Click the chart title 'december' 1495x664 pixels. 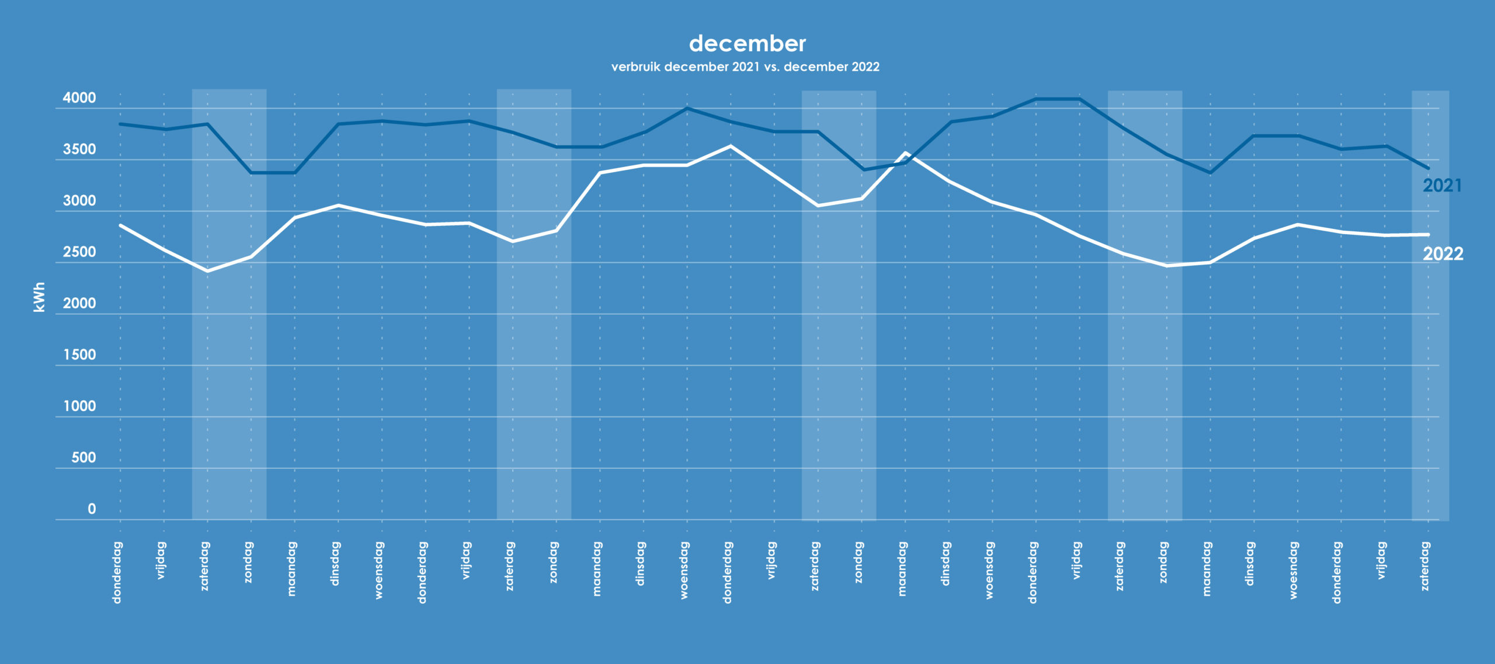[x=747, y=44]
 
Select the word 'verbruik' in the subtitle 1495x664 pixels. [x=636, y=67]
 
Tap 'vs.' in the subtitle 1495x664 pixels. [x=771, y=67]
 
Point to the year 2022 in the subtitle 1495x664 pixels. [x=865, y=67]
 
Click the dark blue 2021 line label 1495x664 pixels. [x=1442, y=186]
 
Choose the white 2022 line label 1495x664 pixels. [x=1442, y=254]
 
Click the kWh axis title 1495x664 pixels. [x=39, y=297]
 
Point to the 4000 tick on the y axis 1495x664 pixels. [x=79, y=98]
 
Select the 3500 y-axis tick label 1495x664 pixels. [x=79, y=150]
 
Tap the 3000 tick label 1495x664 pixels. [x=79, y=201]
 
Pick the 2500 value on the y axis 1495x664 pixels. [x=79, y=252]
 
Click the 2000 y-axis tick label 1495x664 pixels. [x=79, y=304]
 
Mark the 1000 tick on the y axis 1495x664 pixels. [x=79, y=406]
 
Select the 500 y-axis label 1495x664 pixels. [x=84, y=458]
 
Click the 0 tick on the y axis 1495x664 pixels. [x=92, y=509]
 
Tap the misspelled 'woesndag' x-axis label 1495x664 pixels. [x=1294, y=571]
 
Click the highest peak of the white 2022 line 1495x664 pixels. [x=731, y=146]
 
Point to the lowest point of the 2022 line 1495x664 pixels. [x=207, y=271]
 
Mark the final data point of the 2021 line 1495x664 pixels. [x=1428, y=168]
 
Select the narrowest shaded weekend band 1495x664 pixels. [x=1430, y=304]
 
